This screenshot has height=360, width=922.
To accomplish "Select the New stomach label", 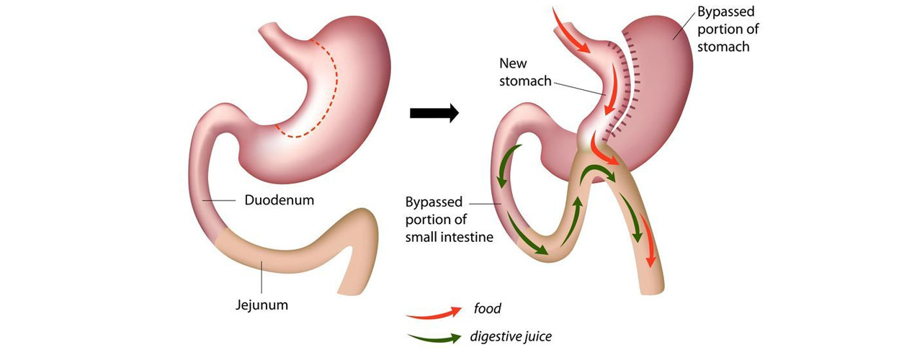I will pyautogui.click(x=526, y=73).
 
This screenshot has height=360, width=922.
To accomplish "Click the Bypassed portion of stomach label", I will pyautogui.click(x=728, y=30).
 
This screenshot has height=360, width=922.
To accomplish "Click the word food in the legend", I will pyautogui.click(x=487, y=309).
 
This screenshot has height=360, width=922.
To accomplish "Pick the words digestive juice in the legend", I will pyautogui.click(x=511, y=336).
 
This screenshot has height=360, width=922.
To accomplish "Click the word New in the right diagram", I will pyautogui.click(x=513, y=64).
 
